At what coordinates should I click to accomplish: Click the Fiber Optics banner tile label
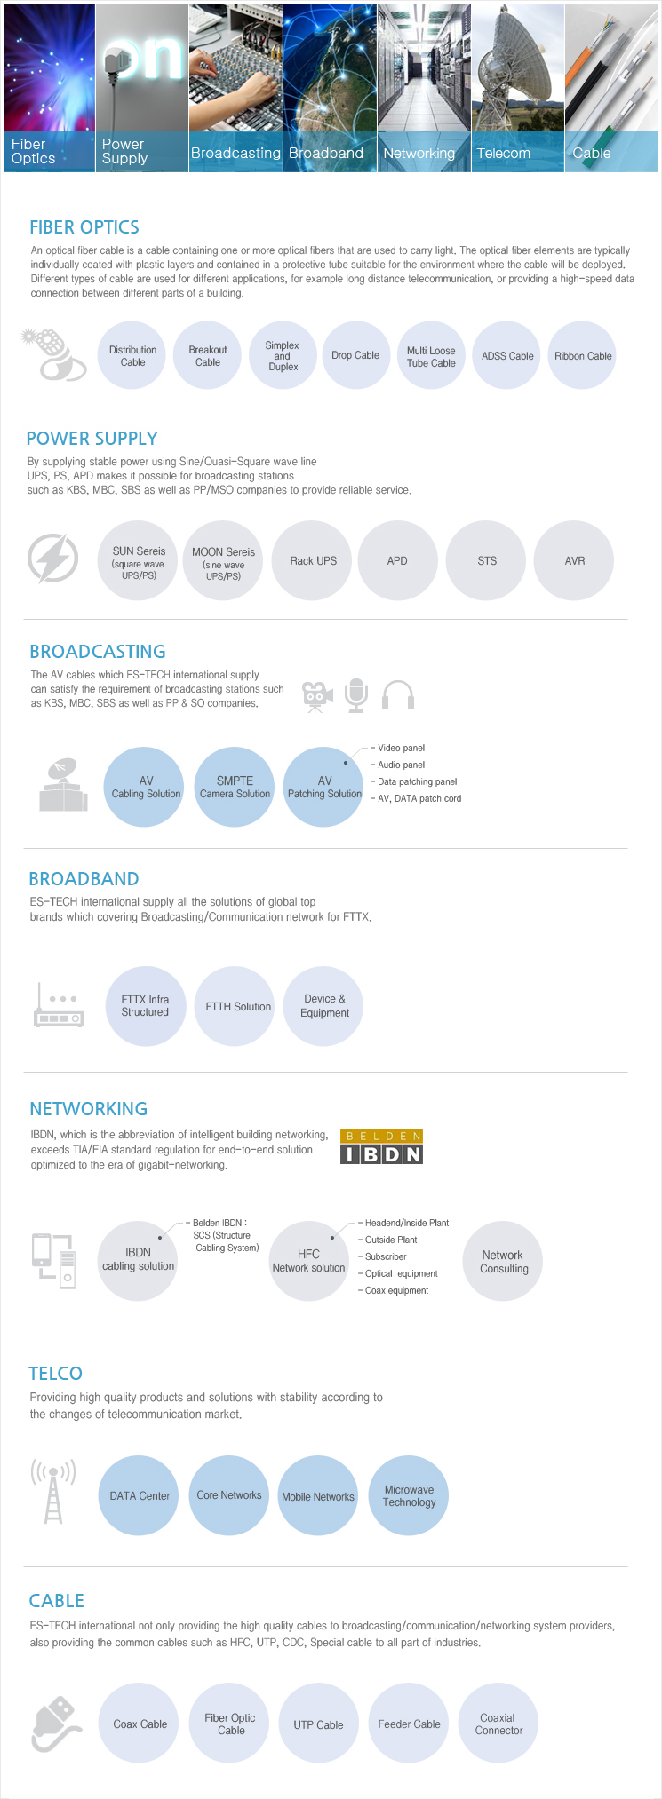pyautogui.click(x=34, y=151)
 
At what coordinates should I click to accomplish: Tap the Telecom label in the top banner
pyautogui.click(x=503, y=153)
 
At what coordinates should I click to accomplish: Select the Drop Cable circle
pyautogui.click(x=355, y=355)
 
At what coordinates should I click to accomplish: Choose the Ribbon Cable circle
pyautogui.click(x=583, y=355)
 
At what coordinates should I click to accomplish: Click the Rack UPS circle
pyautogui.click(x=314, y=560)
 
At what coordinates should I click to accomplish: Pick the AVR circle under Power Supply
pyautogui.click(x=575, y=560)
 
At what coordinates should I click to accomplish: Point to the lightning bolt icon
pyautogui.click(x=52, y=559)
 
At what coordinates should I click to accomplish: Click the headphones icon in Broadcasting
pyautogui.click(x=398, y=695)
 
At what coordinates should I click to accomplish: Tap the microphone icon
pyautogui.click(x=356, y=695)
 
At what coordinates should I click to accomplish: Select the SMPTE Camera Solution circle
pyautogui.click(x=235, y=787)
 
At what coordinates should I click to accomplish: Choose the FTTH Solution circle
pyautogui.click(x=238, y=1006)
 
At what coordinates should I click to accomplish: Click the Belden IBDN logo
pyautogui.click(x=381, y=1146)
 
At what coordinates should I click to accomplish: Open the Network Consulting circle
pyautogui.click(x=503, y=1261)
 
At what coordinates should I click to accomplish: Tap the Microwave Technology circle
pyautogui.click(x=409, y=1495)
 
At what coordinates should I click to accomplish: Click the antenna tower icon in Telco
pyautogui.click(x=53, y=1491)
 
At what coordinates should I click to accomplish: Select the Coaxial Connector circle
pyautogui.click(x=498, y=1724)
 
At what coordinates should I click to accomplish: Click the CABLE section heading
pyautogui.click(x=57, y=1600)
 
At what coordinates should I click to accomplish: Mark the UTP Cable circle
pyautogui.click(x=318, y=1724)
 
